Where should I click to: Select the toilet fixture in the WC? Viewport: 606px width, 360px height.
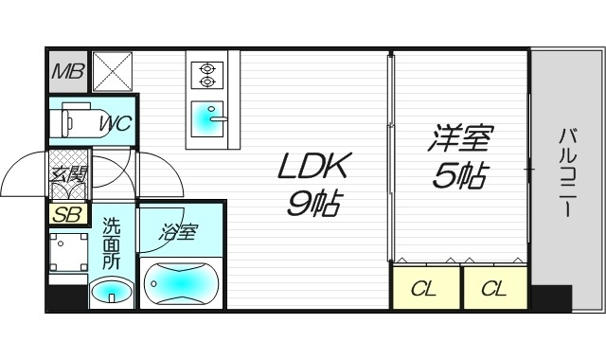76,122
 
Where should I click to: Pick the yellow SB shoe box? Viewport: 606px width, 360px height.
66,214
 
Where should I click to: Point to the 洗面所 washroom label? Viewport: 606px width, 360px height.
112,244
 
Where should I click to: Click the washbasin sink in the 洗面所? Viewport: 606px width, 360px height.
112,290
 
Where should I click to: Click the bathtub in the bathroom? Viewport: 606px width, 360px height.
182,282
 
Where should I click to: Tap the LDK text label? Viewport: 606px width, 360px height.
313,168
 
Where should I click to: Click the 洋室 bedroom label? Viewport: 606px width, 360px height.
460,141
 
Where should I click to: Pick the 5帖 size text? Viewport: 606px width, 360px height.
460,175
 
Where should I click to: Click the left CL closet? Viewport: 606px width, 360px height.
424,288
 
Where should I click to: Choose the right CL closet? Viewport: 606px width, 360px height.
493,288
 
